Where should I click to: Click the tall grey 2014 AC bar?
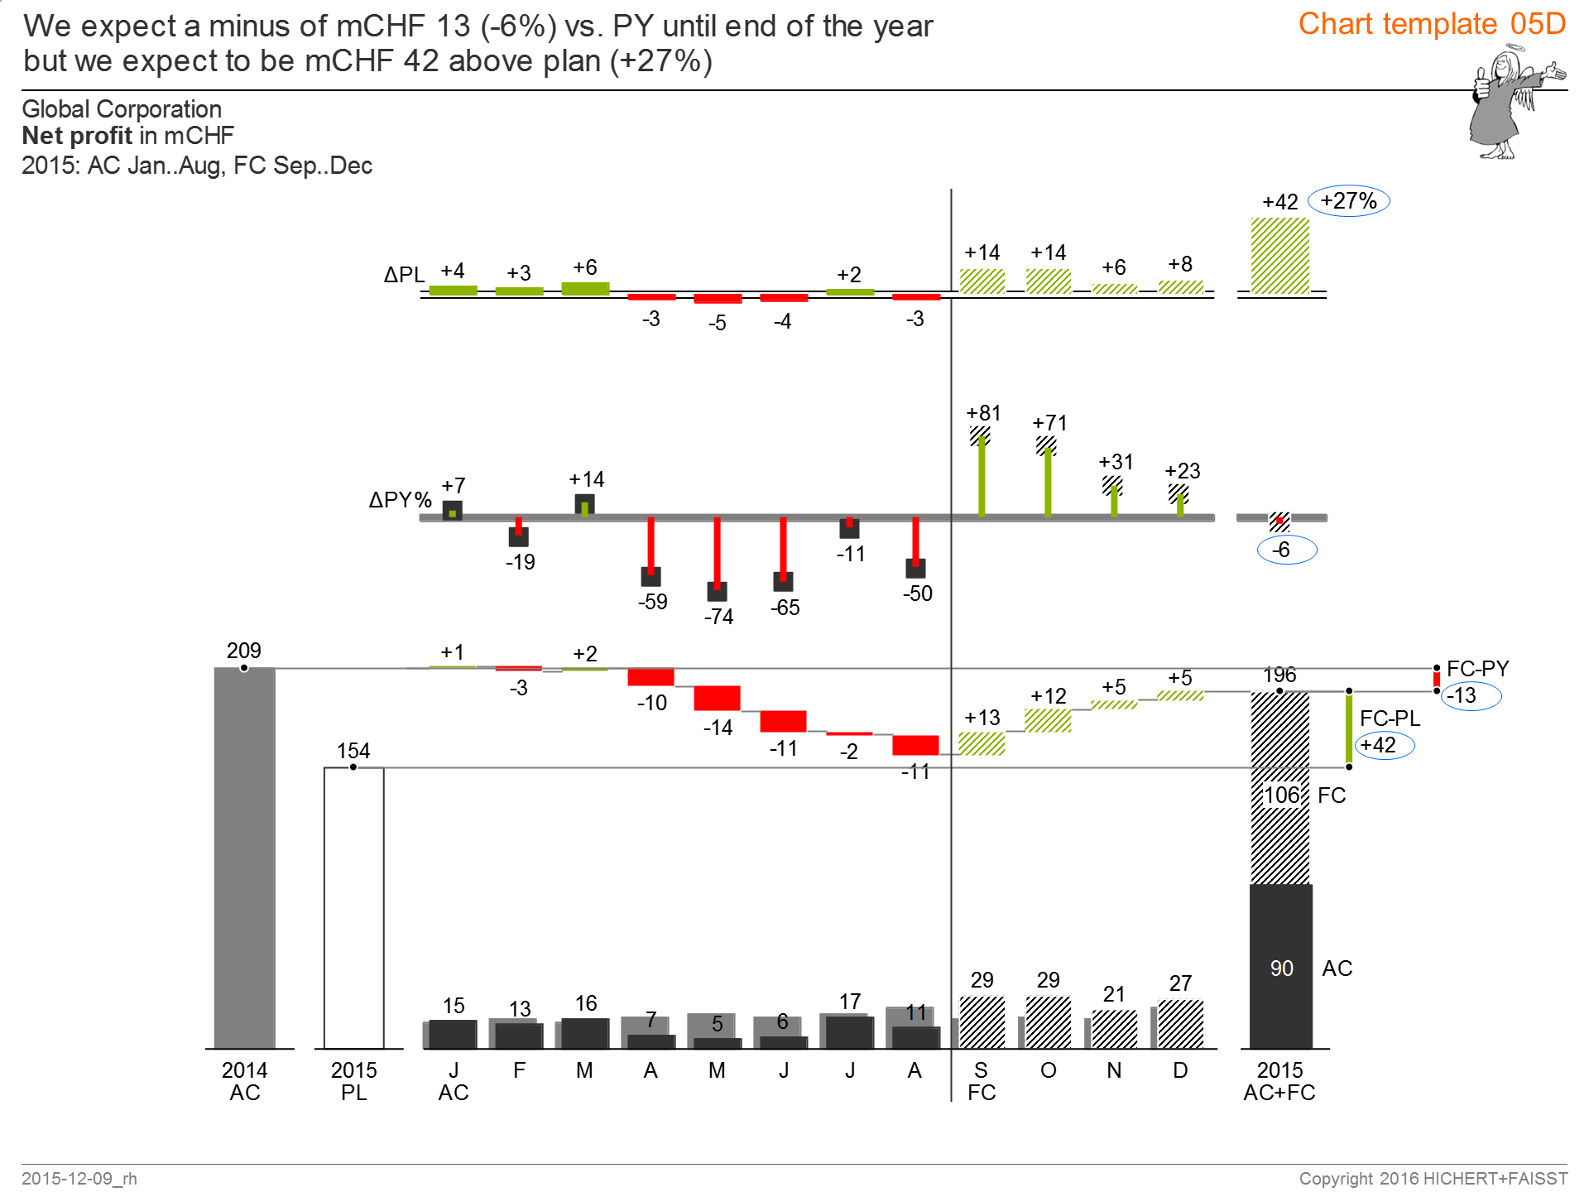[x=244, y=857]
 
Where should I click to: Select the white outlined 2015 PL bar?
[x=353, y=906]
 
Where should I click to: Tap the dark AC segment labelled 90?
[x=1280, y=967]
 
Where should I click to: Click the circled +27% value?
[x=1348, y=201]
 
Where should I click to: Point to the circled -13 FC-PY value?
[x=1470, y=695]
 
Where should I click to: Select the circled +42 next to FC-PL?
[x=1384, y=745]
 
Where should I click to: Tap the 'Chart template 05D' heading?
[x=1432, y=24]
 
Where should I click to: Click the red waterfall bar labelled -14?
[x=717, y=698]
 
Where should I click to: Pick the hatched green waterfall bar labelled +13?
[x=982, y=743]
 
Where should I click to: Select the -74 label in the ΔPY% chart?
[x=718, y=617]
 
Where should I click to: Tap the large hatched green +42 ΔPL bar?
[x=1279, y=256]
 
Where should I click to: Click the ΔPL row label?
[x=404, y=275]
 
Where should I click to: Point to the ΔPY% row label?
[x=400, y=500]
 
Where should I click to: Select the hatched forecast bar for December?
[x=1180, y=1024]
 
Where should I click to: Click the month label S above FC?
[x=981, y=1070]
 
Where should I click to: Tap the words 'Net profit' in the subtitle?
[x=77, y=136]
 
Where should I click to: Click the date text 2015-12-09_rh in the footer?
[x=79, y=1178]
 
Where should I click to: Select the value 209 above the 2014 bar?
[x=243, y=651]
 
